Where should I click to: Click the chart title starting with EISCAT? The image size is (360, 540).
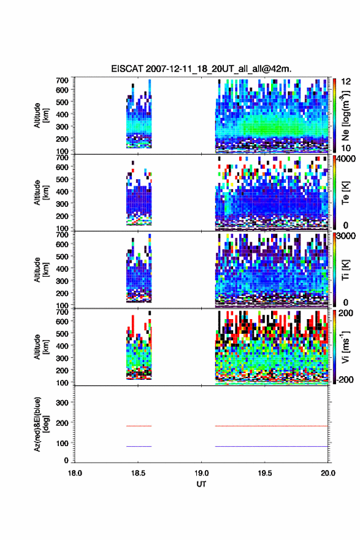[x=201, y=69]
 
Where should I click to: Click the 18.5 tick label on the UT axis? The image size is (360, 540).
[x=138, y=473]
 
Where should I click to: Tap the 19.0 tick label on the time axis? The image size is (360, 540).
[x=201, y=473]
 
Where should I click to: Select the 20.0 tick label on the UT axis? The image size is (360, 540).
[x=328, y=473]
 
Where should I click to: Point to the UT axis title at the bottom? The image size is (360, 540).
[x=201, y=484]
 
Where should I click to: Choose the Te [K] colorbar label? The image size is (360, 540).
[x=345, y=193]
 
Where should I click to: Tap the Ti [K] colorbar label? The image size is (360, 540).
[x=345, y=271]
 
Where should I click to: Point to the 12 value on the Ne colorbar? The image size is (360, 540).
[x=347, y=82]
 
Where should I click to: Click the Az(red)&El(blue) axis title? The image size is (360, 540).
[x=41, y=424]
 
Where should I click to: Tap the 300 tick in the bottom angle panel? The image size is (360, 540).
[x=63, y=403]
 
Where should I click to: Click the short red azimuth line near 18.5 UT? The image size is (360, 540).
[x=139, y=426]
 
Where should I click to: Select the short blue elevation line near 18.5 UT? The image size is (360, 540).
[x=139, y=446]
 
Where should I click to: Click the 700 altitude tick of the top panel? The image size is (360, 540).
[x=63, y=80]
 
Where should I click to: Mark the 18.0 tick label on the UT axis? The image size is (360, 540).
[x=75, y=473]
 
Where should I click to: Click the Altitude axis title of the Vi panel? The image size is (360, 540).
[x=41, y=347]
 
